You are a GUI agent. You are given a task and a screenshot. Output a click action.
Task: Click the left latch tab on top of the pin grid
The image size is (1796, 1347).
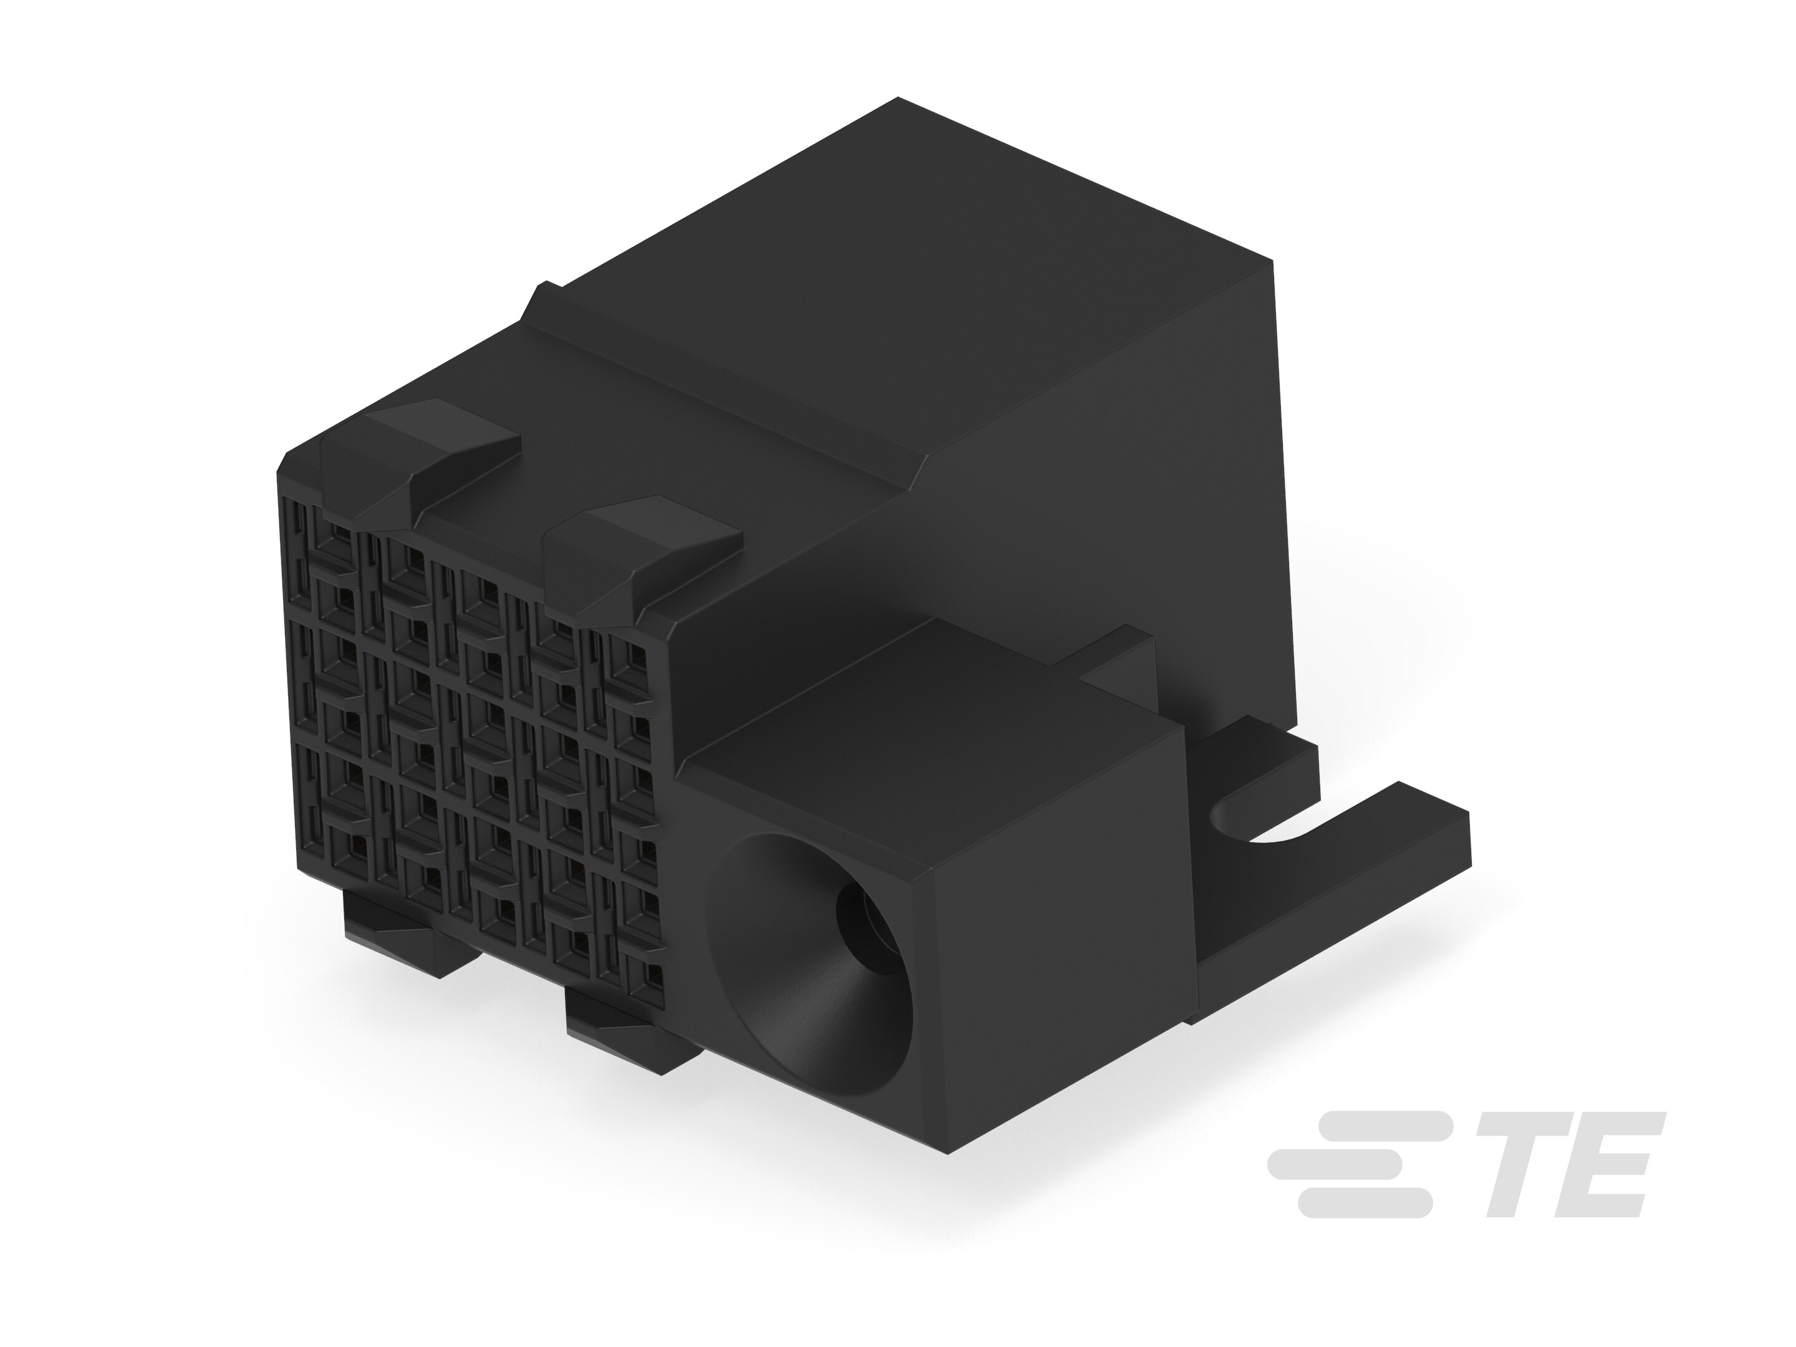[x=422, y=455]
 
